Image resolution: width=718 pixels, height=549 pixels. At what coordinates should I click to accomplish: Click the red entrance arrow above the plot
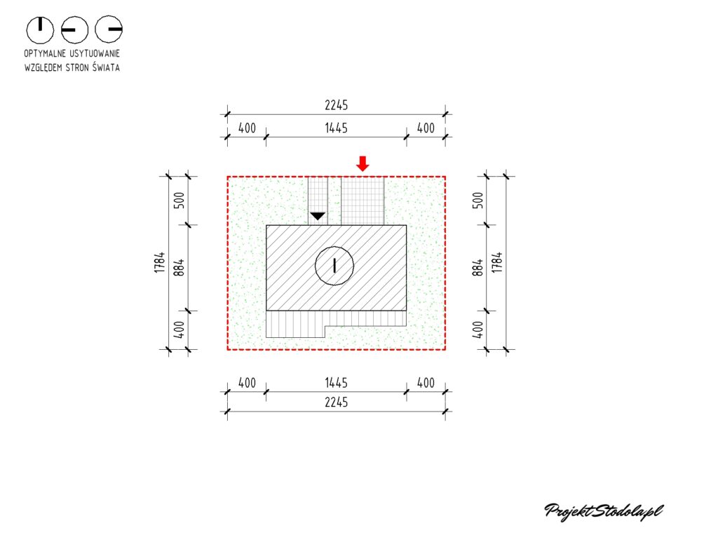(363, 163)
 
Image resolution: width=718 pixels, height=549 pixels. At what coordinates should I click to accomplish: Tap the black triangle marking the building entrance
(318, 216)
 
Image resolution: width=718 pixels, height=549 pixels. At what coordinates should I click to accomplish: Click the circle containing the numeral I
(334, 266)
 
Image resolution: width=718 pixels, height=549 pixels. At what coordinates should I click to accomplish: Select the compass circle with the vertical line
(40, 29)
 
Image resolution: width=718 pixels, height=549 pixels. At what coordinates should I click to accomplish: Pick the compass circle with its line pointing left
(74, 29)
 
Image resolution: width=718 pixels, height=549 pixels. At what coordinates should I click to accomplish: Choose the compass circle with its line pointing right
(109, 29)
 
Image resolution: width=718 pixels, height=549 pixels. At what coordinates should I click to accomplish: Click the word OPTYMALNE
(44, 53)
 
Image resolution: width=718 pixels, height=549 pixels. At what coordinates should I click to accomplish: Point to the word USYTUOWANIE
(95, 53)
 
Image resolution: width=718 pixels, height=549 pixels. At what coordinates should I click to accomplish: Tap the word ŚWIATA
(106, 67)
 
